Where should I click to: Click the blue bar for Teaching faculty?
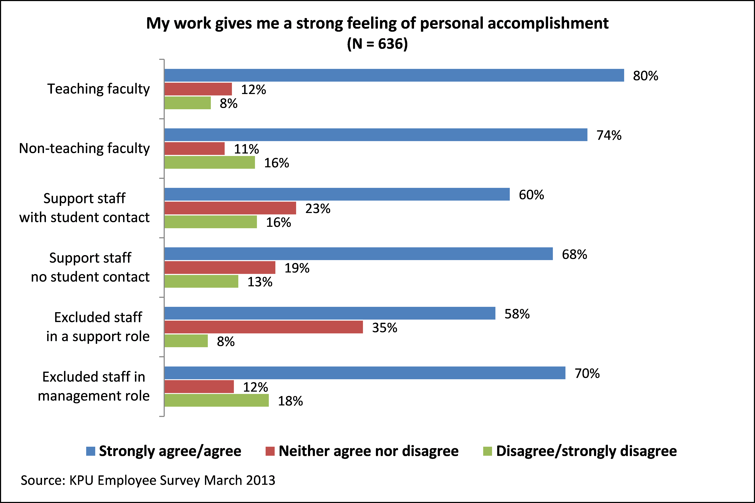point(394,75)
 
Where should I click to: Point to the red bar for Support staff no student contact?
point(220,268)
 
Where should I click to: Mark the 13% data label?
point(260,282)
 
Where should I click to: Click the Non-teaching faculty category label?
point(84,149)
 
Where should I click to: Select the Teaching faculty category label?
point(98,89)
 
